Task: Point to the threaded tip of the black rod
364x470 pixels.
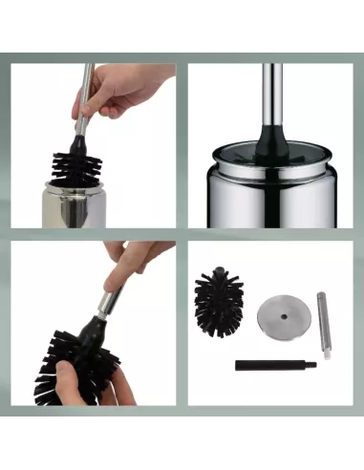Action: (301, 364)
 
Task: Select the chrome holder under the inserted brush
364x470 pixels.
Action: (75, 204)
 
